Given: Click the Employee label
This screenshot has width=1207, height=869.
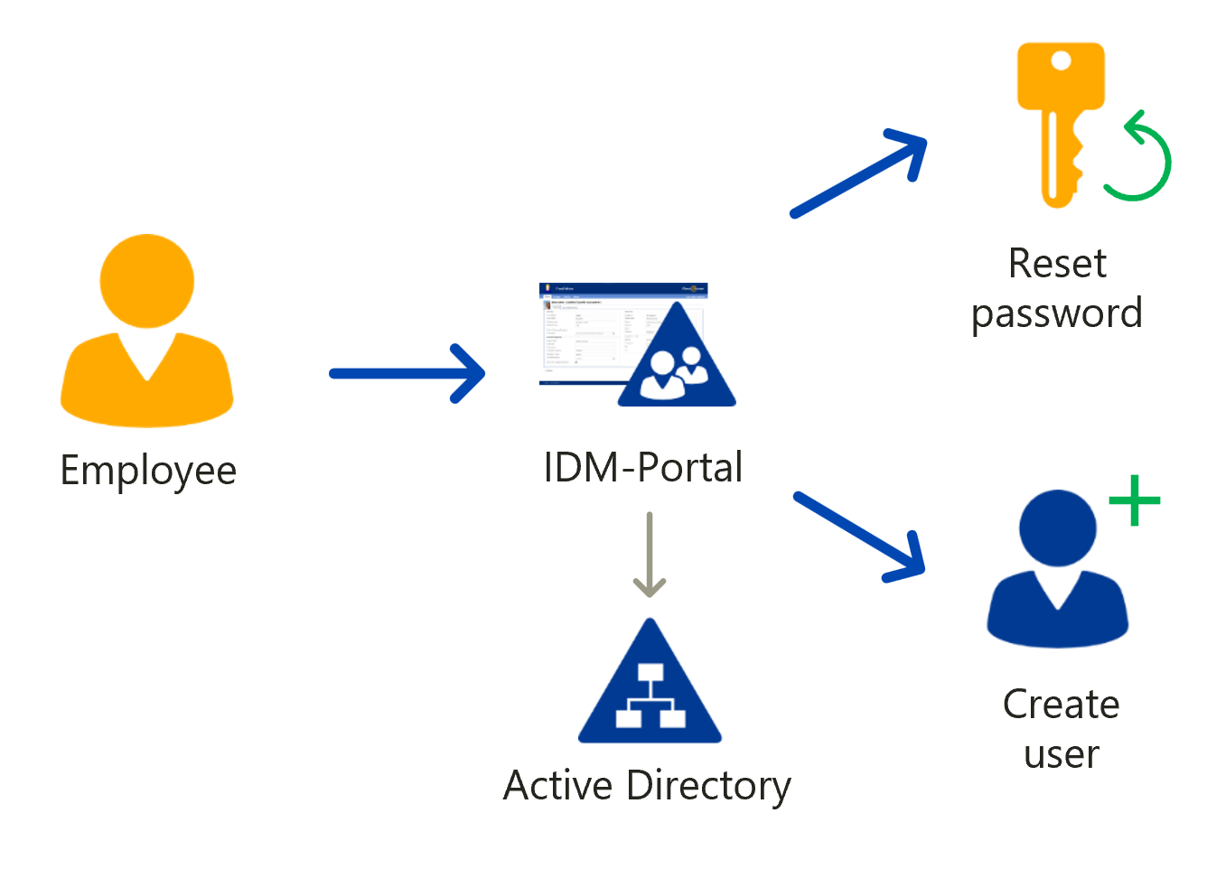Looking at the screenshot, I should (148, 471).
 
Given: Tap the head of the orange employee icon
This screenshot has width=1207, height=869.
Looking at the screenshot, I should (146, 281).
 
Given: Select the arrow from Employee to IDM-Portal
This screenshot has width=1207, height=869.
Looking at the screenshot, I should (407, 373).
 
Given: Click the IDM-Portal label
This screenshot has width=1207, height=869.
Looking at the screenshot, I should (642, 468).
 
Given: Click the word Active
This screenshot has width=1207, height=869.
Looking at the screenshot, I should (558, 785).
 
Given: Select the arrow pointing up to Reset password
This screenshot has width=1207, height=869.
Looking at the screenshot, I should (857, 173).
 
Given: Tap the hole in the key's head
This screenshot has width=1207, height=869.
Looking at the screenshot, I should (1061, 61).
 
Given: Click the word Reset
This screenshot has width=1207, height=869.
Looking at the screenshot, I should (1056, 264).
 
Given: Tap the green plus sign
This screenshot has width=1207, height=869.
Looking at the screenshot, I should (1134, 500).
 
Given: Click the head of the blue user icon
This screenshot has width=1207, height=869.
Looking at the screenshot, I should (1057, 528).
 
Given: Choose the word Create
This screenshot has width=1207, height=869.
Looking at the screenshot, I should (1061, 705).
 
